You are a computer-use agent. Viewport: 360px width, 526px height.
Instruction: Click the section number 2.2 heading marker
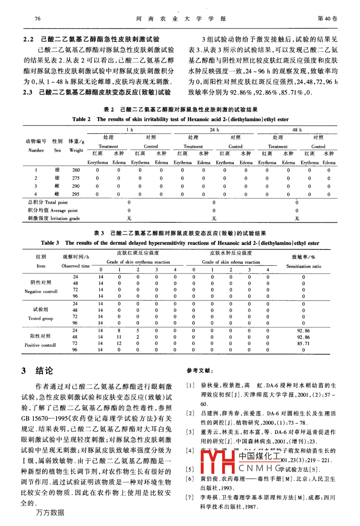28,39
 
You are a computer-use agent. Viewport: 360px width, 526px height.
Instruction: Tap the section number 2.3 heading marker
28,92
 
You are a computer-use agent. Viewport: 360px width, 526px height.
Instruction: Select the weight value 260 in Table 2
76,170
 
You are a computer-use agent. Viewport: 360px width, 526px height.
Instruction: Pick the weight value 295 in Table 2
76,194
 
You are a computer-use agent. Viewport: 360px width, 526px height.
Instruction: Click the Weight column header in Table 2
76,150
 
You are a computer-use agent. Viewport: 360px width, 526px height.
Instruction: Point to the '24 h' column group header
215,130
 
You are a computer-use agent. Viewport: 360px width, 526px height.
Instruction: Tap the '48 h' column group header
297,130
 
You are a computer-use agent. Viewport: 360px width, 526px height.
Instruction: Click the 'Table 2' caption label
81,119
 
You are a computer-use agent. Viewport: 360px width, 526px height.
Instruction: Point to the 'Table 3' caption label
50,243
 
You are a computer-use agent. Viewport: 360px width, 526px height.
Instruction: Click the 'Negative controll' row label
41,291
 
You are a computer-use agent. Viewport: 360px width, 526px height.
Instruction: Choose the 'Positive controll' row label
40,345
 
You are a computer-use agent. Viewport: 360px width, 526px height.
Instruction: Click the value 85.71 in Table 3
303,343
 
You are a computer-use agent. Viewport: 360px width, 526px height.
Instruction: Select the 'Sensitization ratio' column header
303,266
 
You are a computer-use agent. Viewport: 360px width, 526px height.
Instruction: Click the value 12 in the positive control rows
119,343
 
